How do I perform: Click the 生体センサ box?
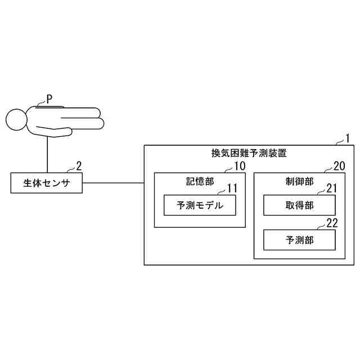click(x=47, y=183)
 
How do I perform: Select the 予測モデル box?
click(x=200, y=205)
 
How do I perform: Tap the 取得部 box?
click(x=299, y=205)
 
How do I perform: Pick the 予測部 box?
click(x=299, y=240)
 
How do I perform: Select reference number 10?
click(x=240, y=166)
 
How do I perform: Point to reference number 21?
click(x=331, y=188)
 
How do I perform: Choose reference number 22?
click(x=332, y=223)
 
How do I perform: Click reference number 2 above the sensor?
click(x=79, y=165)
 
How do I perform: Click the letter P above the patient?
click(x=49, y=98)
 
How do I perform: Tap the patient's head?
click(x=16, y=119)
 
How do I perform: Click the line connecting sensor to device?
click(x=113, y=183)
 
